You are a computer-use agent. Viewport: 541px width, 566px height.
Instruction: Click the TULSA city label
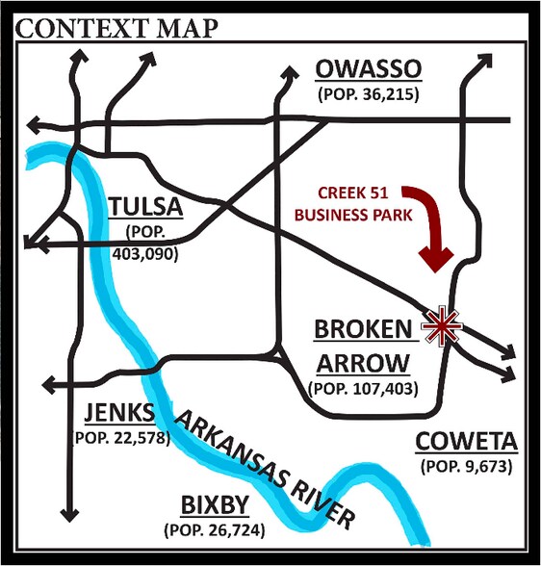(145, 207)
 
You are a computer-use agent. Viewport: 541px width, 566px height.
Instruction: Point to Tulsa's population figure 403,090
(145, 254)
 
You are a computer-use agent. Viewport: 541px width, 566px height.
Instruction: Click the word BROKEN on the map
(362, 329)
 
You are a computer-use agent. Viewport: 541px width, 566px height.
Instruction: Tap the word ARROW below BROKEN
(362, 364)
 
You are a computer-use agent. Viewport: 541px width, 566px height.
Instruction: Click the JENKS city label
(118, 413)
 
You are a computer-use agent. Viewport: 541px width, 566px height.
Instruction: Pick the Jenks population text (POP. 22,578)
(121, 437)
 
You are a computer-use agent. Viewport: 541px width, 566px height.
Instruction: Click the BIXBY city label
(216, 505)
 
